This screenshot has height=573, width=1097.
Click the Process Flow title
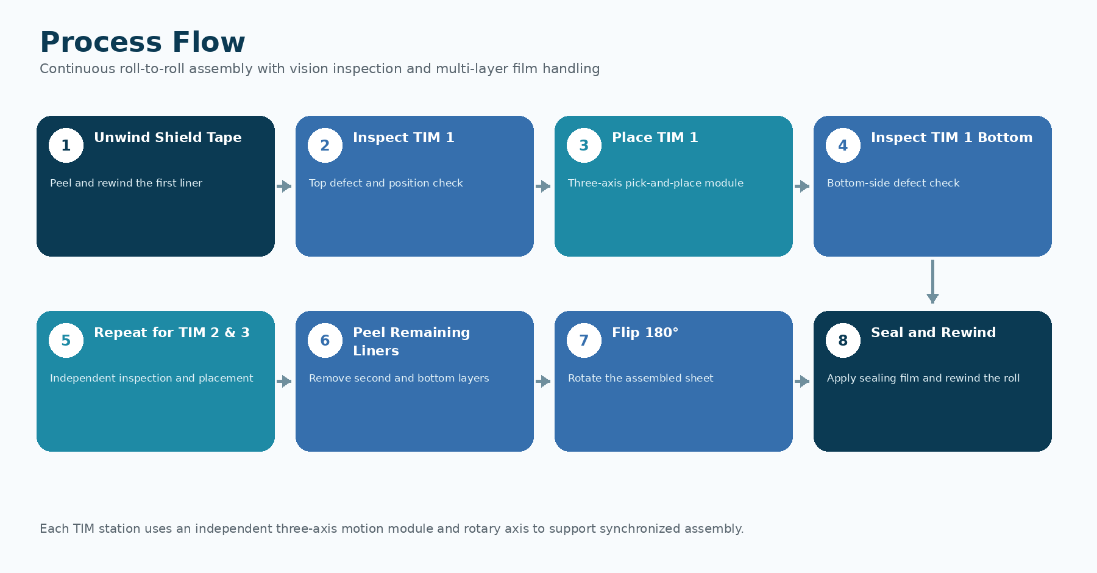pos(143,42)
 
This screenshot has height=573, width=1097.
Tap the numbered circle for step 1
pos(66,145)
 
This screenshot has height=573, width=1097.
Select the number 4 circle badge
pos(843,145)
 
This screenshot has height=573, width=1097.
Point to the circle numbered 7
pos(584,340)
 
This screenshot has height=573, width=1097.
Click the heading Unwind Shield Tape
pos(168,138)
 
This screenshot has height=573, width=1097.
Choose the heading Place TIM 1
pos(655,138)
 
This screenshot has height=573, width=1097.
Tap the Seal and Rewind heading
pos(933,332)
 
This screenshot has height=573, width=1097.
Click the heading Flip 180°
pos(645,332)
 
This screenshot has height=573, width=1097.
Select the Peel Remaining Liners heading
pos(411,341)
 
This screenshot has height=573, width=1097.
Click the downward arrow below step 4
pos(932,282)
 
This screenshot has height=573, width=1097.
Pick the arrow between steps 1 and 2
pos(284,186)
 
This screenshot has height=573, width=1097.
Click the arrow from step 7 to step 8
pos(802,381)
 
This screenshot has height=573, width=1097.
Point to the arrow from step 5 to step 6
pos(284,381)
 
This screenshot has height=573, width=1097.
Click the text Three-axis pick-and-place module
pos(656,183)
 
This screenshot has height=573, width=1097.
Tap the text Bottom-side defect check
pos(893,183)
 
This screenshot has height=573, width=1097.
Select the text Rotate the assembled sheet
pos(641,378)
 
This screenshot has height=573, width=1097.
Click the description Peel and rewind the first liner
pos(126,183)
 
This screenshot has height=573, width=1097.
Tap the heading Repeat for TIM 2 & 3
pos(172,332)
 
